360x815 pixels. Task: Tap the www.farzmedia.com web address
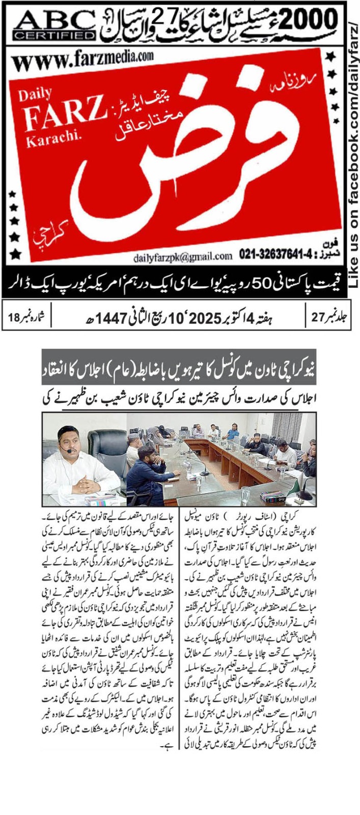pos(82,61)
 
